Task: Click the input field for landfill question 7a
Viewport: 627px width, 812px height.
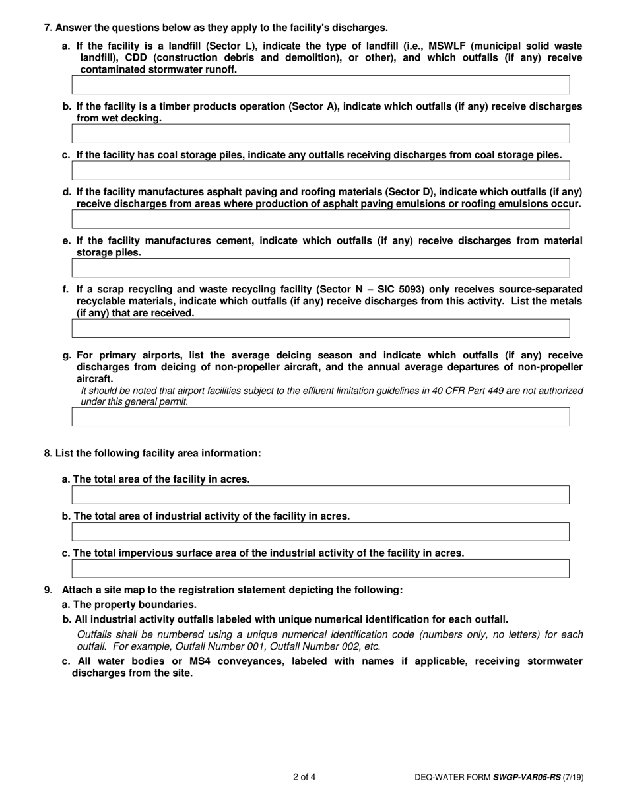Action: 320,85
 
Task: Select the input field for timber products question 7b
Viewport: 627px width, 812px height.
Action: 320,133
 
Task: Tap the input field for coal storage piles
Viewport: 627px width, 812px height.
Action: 320,170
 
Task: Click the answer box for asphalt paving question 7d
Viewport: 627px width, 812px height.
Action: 320,219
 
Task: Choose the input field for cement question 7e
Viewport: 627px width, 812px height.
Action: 320,267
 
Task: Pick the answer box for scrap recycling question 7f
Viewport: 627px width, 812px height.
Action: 320,328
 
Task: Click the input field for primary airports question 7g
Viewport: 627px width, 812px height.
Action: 320,417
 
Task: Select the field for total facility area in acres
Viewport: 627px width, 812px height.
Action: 320,495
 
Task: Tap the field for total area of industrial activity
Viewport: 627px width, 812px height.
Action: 320,531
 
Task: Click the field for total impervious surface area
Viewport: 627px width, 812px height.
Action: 320,568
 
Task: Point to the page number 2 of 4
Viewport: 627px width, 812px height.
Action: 304,777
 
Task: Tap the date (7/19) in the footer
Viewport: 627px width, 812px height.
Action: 573,778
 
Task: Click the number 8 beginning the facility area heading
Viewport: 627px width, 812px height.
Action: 47,453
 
